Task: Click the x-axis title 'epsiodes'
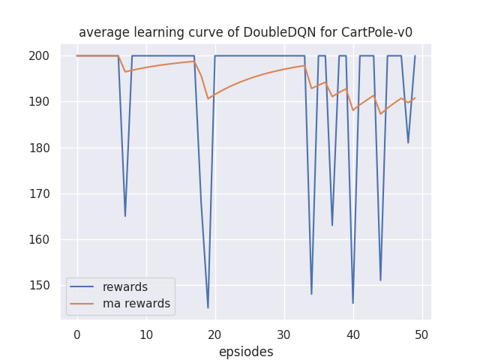point(246,352)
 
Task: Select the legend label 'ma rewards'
point(136,304)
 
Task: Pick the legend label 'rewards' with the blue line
point(125,287)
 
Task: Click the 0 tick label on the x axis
point(76,334)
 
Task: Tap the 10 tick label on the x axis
point(145,334)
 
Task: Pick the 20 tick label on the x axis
point(214,334)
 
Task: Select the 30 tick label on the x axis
point(283,334)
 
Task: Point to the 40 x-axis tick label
point(352,334)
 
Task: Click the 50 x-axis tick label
point(421,334)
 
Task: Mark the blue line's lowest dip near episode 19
point(208,307)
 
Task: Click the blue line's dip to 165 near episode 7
point(125,216)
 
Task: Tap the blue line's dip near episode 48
point(408,142)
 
